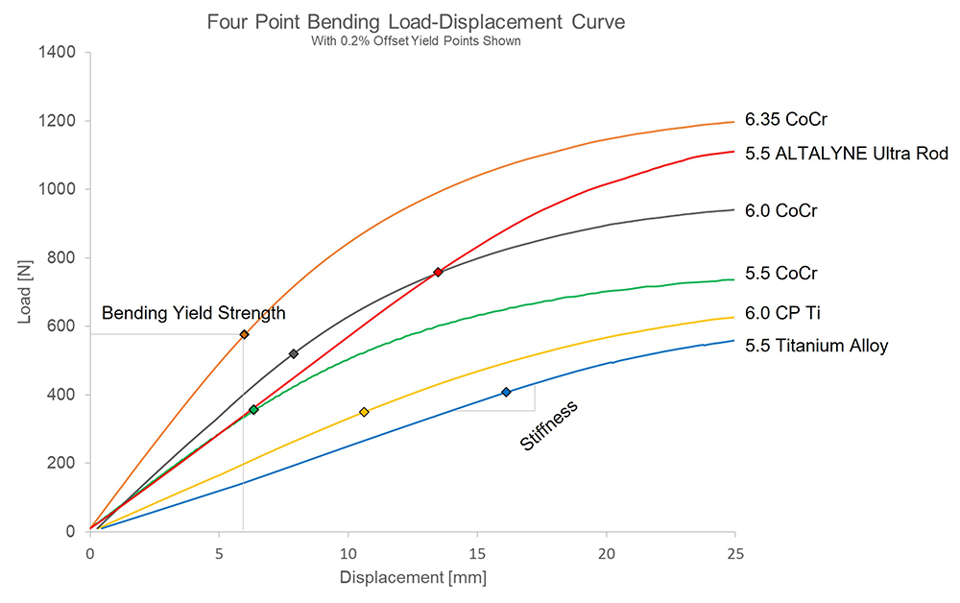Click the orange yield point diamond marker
click(x=244, y=334)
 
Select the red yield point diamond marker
click(x=438, y=272)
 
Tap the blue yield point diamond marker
click(x=506, y=392)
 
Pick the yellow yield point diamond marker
click(x=364, y=412)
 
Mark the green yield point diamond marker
click(x=253, y=410)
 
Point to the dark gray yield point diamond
click(x=294, y=354)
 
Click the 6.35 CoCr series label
click(x=786, y=120)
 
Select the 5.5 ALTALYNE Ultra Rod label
click(x=847, y=154)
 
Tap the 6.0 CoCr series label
click(x=781, y=210)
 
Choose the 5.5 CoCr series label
click(x=781, y=274)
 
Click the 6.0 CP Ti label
click(x=782, y=313)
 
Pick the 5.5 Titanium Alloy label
click(x=817, y=346)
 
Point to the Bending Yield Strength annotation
click(x=194, y=313)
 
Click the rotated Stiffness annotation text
click(x=549, y=425)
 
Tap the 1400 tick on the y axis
click(x=60, y=52)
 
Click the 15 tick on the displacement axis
click(x=476, y=552)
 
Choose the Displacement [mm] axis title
click(x=413, y=578)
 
